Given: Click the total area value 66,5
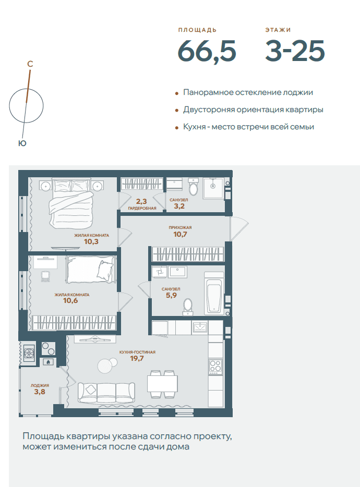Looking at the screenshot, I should [x=207, y=51].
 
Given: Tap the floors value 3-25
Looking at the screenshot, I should [x=295, y=51].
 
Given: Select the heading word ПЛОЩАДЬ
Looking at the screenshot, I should [x=197, y=30].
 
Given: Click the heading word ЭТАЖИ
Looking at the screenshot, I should [x=278, y=30].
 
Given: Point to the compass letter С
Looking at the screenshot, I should [x=30, y=64].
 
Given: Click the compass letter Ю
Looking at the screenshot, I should [x=22, y=143].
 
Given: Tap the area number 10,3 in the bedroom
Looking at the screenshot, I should [x=91, y=241].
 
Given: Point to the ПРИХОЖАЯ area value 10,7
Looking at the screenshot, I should [x=180, y=234].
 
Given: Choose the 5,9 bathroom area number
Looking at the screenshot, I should [x=171, y=295].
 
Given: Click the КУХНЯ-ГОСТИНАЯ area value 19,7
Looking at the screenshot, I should [x=137, y=358].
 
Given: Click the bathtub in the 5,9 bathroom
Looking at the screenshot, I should [x=213, y=293].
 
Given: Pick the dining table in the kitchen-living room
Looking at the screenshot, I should [x=162, y=384].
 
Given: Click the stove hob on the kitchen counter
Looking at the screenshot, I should [x=215, y=366].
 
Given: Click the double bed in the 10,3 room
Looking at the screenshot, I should [x=70, y=202].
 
